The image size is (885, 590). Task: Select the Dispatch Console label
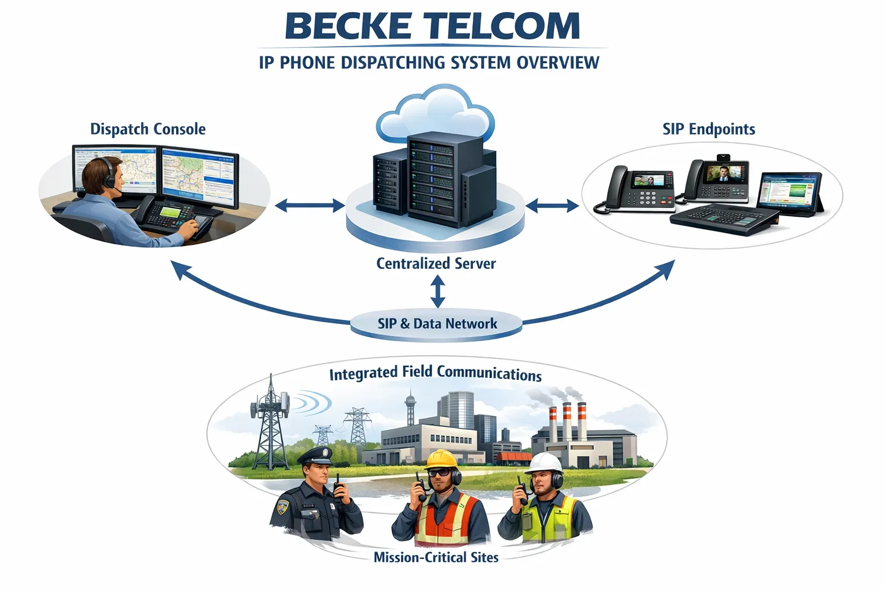pos(147,128)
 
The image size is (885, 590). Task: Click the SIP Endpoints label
pos(708,128)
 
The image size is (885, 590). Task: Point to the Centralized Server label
pos(436,263)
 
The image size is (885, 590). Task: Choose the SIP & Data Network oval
pos(437,323)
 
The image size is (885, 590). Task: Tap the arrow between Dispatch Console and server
pos(309,205)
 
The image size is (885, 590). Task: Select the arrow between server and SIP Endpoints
pos(552,205)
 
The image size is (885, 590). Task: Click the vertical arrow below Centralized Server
pos(438,292)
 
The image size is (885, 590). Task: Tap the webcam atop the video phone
pos(724,157)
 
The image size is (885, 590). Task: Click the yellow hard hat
pos(441,459)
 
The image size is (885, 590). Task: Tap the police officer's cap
pos(315,455)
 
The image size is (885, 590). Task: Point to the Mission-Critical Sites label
pos(436,557)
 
